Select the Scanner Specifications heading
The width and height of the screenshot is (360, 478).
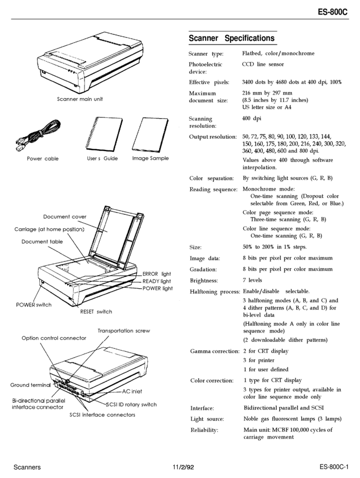[x=232, y=39]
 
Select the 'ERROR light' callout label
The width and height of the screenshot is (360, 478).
[x=157, y=274]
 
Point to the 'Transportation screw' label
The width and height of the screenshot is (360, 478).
[x=124, y=331]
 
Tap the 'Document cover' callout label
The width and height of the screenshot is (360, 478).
[x=65, y=217]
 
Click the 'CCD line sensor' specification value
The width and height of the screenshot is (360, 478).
[x=263, y=65]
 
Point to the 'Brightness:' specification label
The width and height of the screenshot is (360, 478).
[x=204, y=281]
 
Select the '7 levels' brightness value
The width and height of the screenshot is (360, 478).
[x=253, y=280]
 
